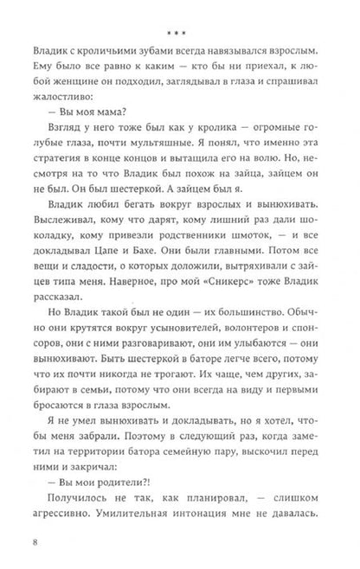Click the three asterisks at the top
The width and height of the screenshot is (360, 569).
click(180, 11)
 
